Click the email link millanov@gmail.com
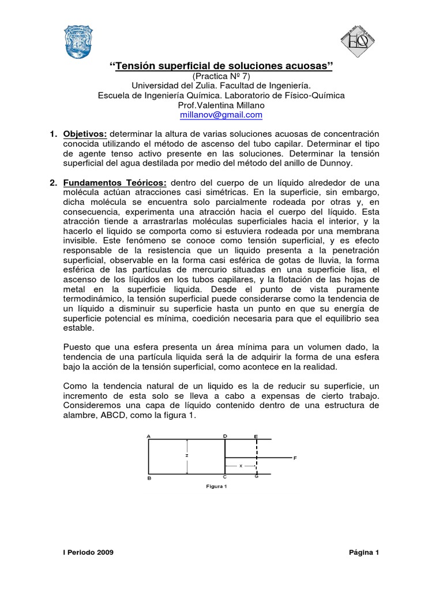[221, 115]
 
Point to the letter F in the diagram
[295, 458]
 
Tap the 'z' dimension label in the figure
[187, 455]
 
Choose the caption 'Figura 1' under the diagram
[218, 486]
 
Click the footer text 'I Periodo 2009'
[88, 552]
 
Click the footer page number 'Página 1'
[364, 552]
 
